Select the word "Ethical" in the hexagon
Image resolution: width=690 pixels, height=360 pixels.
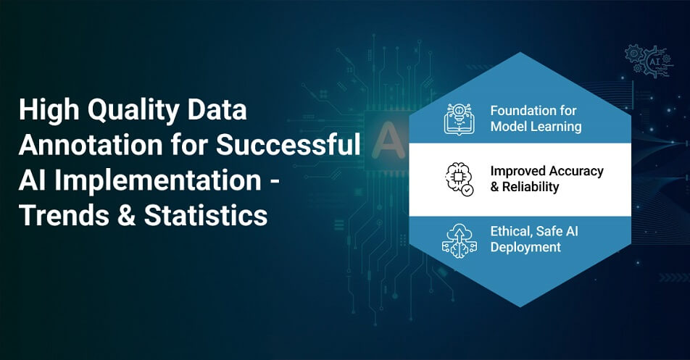[x=512, y=233]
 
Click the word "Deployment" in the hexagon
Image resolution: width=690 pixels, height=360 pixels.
[x=525, y=248]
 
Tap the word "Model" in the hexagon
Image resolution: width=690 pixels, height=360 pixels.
[x=509, y=127]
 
